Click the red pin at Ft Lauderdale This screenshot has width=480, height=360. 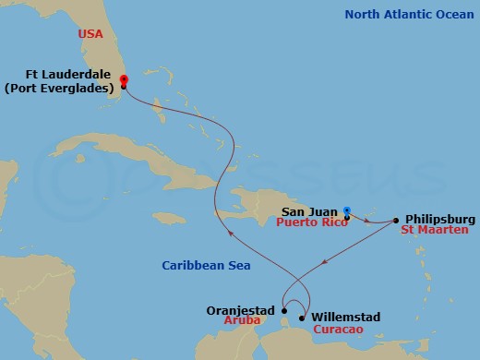click(124, 81)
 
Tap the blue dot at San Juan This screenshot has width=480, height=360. click(346, 210)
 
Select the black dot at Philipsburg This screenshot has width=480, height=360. click(396, 220)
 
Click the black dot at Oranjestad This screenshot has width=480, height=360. click(283, 298)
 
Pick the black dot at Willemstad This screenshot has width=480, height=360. click(302, 318)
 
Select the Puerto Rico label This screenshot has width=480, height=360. click(311, 223)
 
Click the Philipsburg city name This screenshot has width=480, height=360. click(438, 219)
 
